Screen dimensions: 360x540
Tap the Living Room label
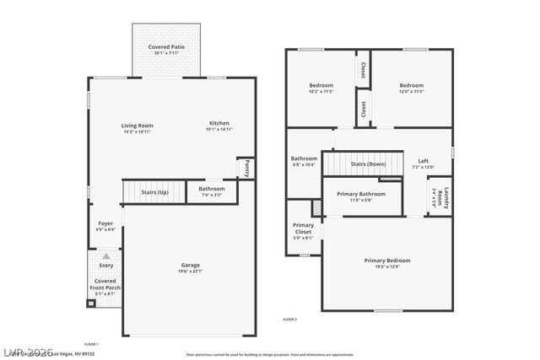tap(138, 128)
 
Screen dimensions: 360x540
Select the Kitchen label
tap(219, 126)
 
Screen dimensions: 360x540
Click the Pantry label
tap(246, 168)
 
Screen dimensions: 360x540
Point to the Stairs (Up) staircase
tap(154, 192)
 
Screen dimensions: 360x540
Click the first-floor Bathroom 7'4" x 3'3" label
tap(212, 191)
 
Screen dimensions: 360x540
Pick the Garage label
tap(191, 267)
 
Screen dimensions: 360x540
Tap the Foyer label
tap(105, 226)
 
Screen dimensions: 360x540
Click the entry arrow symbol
tap(106, 255)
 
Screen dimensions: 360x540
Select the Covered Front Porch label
tap(106, 287)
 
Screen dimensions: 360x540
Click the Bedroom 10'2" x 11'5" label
tap(321, 88)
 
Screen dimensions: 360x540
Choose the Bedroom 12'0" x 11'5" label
tap(411, 88)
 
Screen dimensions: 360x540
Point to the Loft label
tap(423, 164)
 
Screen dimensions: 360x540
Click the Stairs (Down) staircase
tap(362, 164)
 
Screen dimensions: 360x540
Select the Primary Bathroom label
tap(361, 196)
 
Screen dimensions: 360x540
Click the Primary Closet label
tap(303, 231)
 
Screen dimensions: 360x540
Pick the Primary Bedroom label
tap(387, 263)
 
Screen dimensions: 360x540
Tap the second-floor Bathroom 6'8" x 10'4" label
tap(304, 160)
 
